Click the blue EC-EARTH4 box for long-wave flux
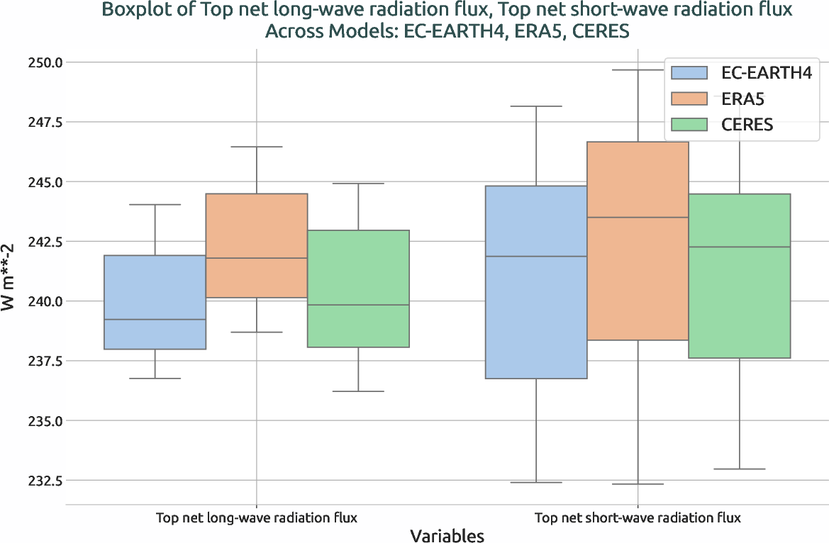point(155,302)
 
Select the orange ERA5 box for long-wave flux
point(257,245)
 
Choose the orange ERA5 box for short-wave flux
point(638,241)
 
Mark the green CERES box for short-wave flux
point(739,276)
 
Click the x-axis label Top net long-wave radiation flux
point(257,518)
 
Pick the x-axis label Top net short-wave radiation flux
point(638,518)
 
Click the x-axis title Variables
point(447,535)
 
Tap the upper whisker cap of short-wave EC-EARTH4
point(536,106)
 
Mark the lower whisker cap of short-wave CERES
point(739,469)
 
